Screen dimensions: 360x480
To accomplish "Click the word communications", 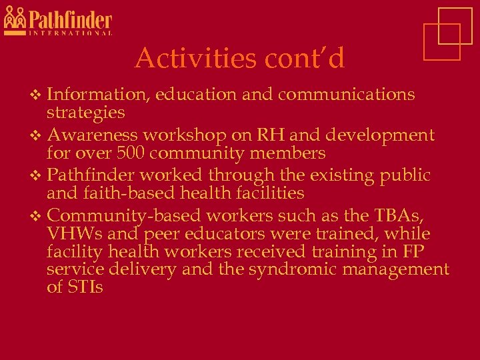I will (x=347, y=95).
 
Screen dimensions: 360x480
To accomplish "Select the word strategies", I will (x=86, y=112).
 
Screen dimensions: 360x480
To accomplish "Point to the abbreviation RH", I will (x=273, y=135).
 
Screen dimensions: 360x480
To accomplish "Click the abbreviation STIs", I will (x=85, y=287).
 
